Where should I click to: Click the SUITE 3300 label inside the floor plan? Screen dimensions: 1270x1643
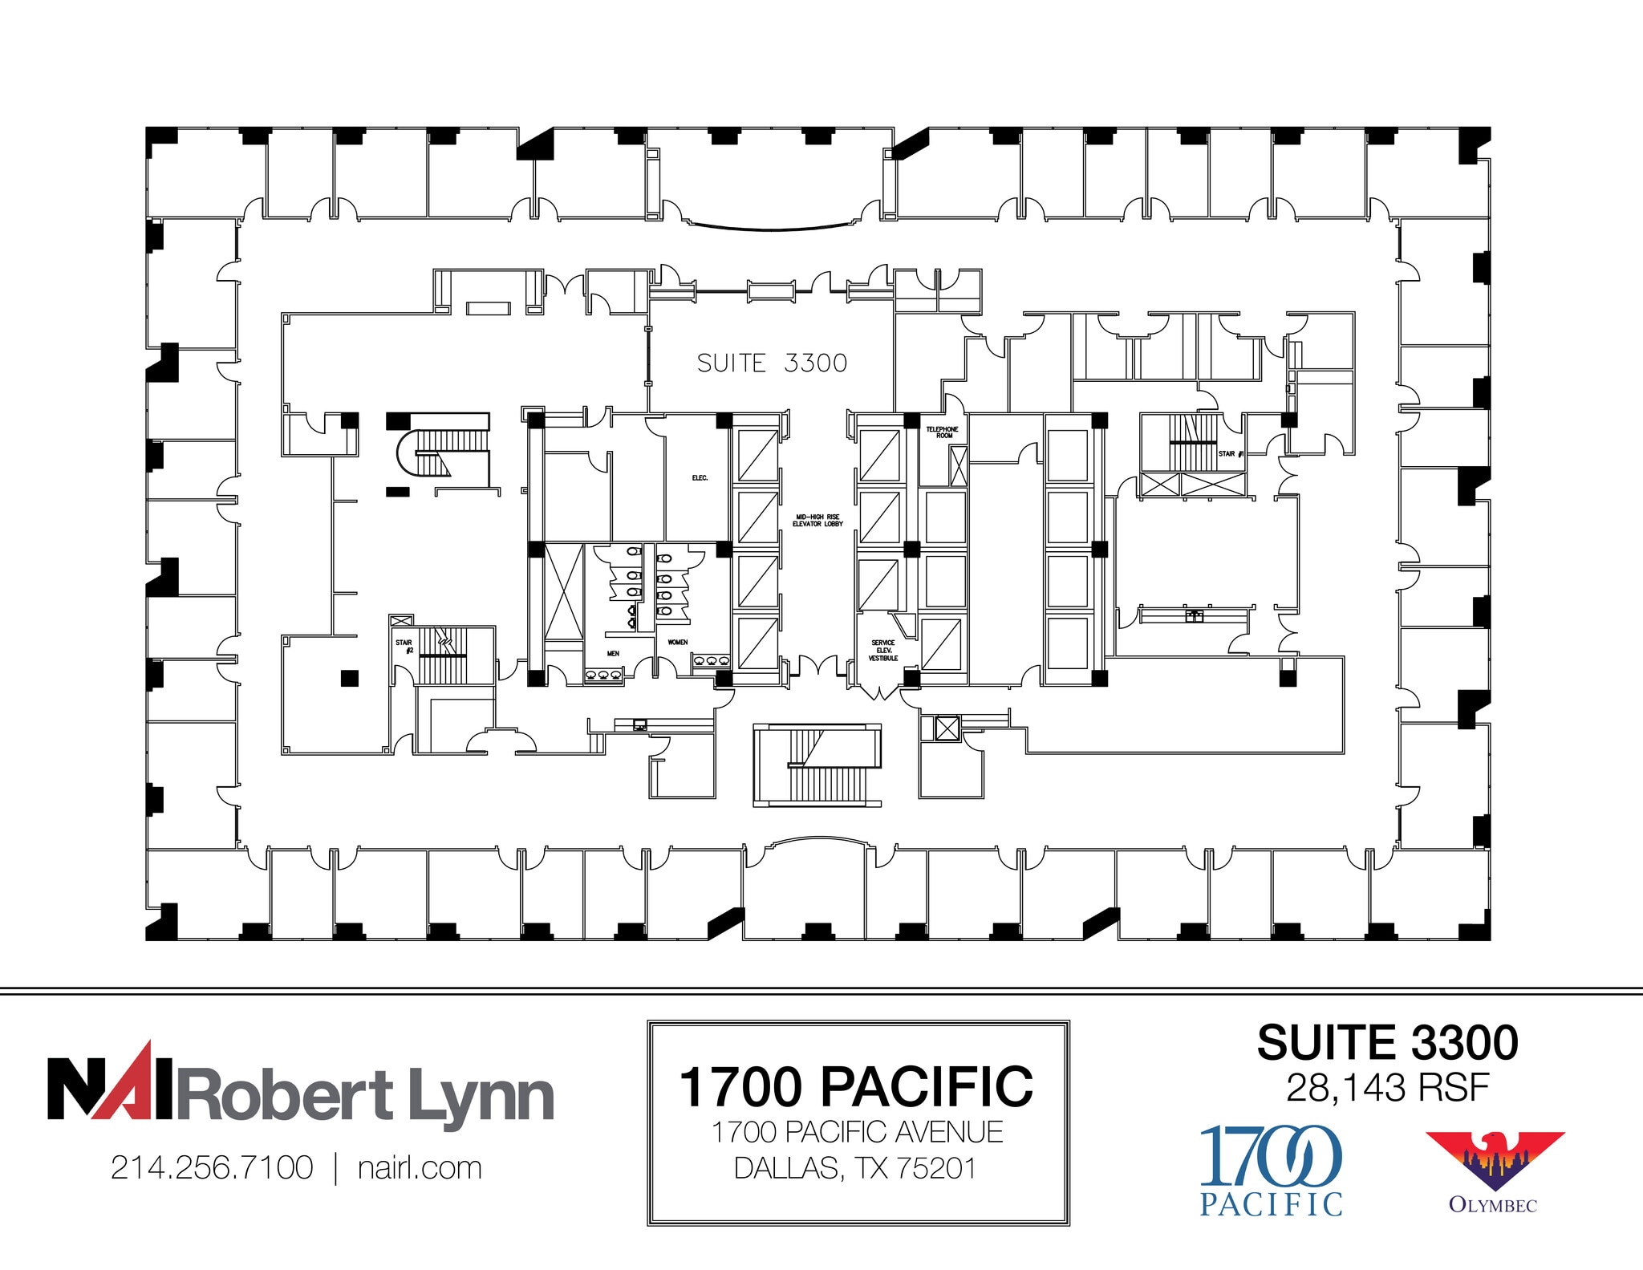772,363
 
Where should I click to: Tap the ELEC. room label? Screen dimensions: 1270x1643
700,478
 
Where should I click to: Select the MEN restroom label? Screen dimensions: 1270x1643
613,654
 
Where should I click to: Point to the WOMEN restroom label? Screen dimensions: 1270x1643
678,643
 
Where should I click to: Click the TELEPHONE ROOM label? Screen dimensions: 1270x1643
943,432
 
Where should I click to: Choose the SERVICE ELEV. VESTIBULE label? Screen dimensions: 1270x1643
883,651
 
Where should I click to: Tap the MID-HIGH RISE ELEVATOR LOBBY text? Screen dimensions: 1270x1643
817,521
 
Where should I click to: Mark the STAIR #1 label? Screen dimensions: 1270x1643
1230,454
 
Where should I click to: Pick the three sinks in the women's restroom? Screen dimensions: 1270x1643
711,661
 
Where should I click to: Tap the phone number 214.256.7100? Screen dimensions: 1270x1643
212,1168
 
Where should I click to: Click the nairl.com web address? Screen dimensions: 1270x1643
420,1168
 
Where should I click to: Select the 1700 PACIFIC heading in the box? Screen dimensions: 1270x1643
856,1087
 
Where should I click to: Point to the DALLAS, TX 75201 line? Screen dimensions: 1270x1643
856,1168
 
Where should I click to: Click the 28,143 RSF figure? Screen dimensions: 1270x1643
1387,1089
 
